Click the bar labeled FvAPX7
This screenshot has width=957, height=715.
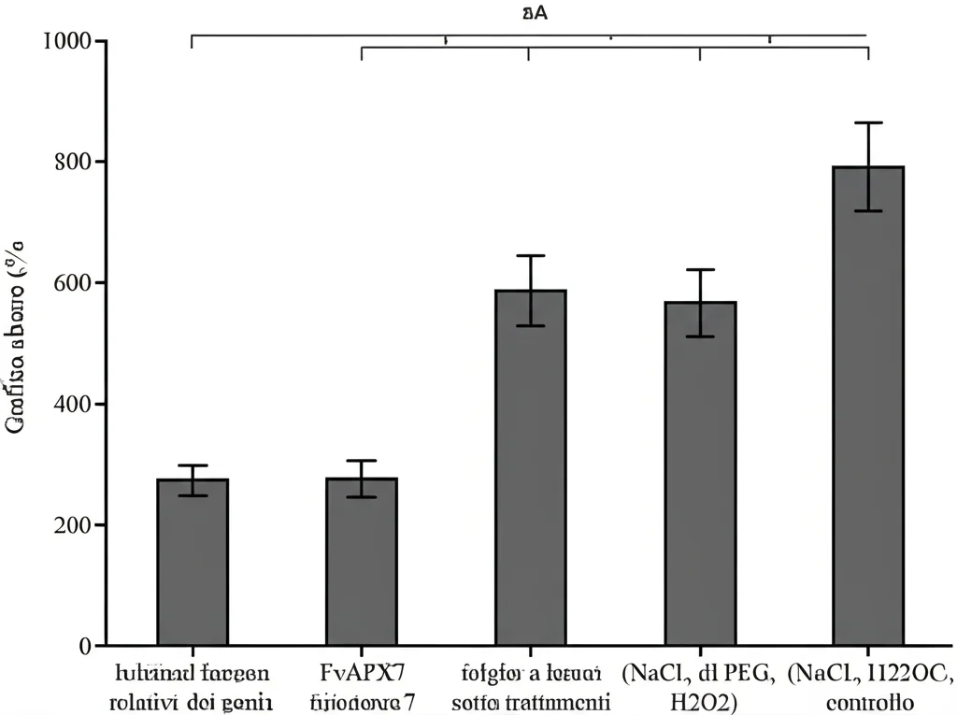(362, 561)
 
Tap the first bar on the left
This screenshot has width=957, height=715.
(193, 562)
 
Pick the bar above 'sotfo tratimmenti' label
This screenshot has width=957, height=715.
(530, 467)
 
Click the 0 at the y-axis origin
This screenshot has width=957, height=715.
(85, 646)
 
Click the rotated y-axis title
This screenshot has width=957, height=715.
(17, 336)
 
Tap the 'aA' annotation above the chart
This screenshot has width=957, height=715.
(534, 13)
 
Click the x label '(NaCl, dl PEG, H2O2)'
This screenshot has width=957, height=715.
(700, 686)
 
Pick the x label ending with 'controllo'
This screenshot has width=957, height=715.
(869, 686)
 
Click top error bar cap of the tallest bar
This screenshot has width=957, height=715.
(868, 122)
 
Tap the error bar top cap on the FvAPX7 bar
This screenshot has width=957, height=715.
(362, 461)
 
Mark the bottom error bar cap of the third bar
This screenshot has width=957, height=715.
(530, 326)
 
